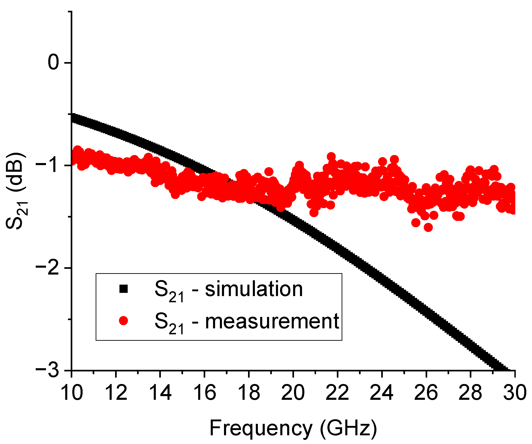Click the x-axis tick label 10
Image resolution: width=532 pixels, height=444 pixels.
(72, 393)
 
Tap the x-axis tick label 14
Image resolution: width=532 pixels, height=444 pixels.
(160, 393)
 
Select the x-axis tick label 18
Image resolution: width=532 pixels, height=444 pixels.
(249, 393)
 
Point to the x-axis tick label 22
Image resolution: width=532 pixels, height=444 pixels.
(337, 393)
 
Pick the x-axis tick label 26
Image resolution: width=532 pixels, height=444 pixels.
(426, 393)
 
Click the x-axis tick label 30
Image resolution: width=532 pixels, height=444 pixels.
(514, 393)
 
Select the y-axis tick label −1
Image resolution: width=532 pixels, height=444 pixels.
(48, 165)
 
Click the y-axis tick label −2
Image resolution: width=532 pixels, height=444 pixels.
(48, 268)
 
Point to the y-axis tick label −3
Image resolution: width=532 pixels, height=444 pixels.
(48, 370)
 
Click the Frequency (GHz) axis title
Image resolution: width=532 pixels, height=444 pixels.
(293, 428)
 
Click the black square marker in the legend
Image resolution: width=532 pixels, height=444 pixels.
(123, 289)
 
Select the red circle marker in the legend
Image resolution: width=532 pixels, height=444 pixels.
(123, 321)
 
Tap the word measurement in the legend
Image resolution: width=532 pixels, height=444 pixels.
(272, 321)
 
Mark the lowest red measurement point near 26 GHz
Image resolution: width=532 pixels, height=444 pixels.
(428, 227)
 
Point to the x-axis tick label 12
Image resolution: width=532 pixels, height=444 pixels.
(116, 393)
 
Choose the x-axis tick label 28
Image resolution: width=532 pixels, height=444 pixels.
(470, 393)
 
